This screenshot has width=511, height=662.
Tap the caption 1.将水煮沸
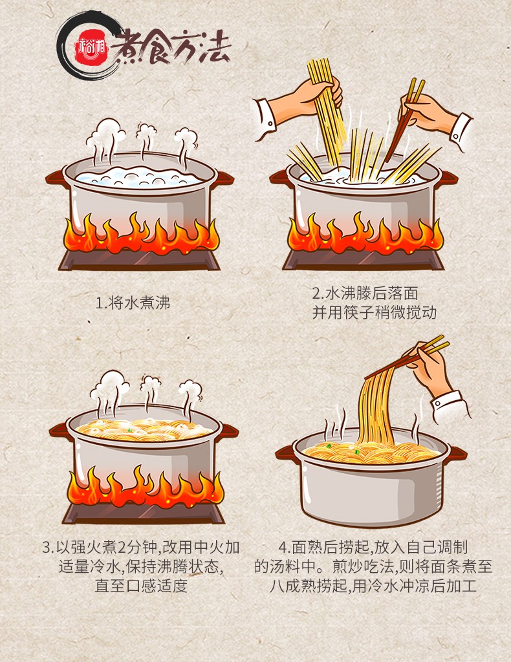click(x=133, y=303)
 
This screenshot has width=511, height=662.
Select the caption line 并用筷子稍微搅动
click(x=374, y=313)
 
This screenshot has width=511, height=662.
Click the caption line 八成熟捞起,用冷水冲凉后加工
click(x=373, y=586)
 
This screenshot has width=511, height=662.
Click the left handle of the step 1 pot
click(x=56, y=177)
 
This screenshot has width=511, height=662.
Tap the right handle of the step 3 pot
click(x=228, y=431)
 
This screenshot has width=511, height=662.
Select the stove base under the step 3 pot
click(x=144, y=513)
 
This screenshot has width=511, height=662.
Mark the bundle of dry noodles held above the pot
click(x=328, y=111)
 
